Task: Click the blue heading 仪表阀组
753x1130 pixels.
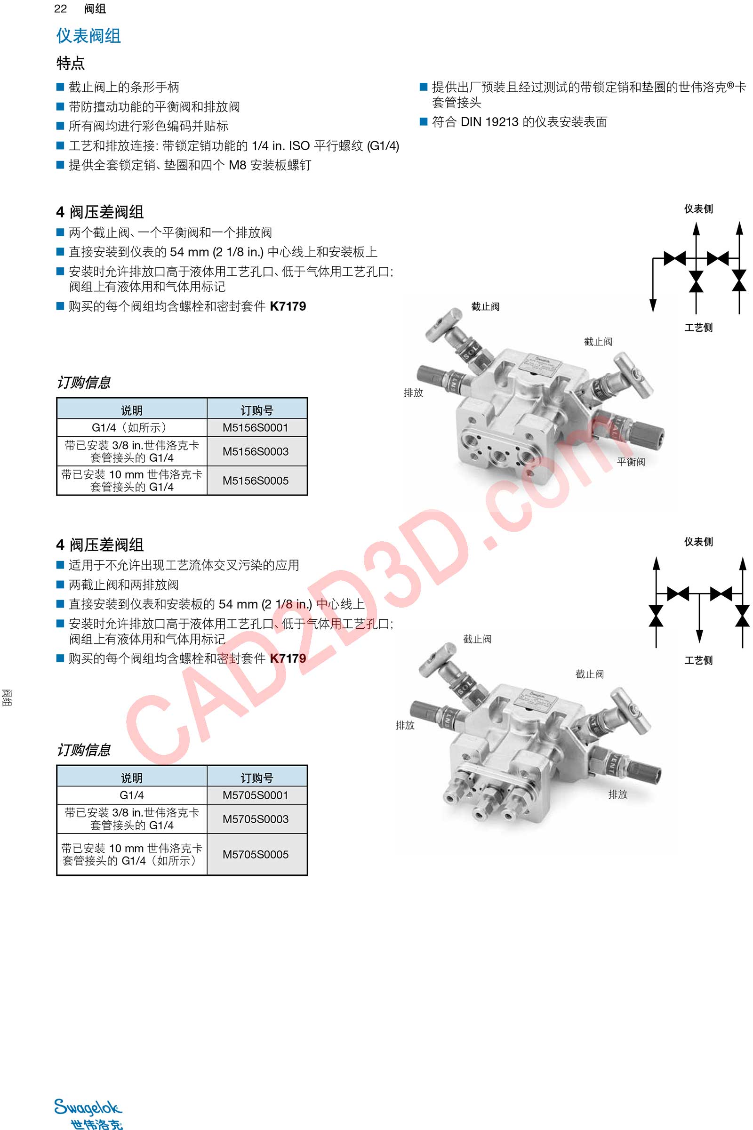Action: tap(88, 36)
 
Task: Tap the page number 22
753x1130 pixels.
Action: tap(61, 8)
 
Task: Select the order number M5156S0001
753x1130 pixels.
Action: tap(256, 427)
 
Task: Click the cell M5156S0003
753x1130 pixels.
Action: tap(256, 451)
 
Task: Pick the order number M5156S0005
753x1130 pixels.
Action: tap(256, 481)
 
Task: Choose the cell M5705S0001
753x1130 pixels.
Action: tap(256, 795)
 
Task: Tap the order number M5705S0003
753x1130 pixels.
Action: tap(256, 819)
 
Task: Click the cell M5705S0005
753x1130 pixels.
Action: tap(256, 854)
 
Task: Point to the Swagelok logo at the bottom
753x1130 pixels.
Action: tap(88, 1113)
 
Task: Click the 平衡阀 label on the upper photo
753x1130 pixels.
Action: tap(631, 462)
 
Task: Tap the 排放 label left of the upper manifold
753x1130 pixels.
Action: tap(414, 393)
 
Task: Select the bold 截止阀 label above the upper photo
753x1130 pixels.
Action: tap(486, 306)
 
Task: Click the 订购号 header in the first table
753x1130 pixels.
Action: tap(257, 410)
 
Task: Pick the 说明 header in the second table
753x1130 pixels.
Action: tap(132, 778)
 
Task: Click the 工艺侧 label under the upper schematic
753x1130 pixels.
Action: tap(699, 328)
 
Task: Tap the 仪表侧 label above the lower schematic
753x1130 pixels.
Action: tap(699, 542)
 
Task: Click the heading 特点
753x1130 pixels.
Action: tap(71, 63)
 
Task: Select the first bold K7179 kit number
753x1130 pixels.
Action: tap(288, 306)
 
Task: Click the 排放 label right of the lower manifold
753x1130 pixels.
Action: tap(618, 794)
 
